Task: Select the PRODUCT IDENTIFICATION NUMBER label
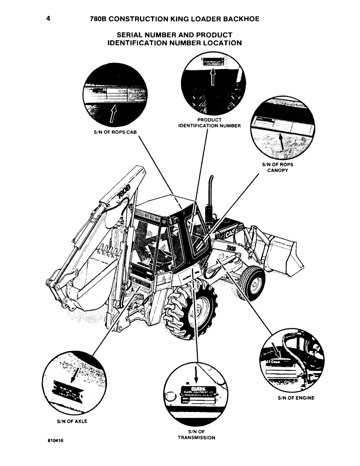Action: pos(210,123)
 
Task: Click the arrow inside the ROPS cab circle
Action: pos(112,113)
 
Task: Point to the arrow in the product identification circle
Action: pos(212,75)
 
